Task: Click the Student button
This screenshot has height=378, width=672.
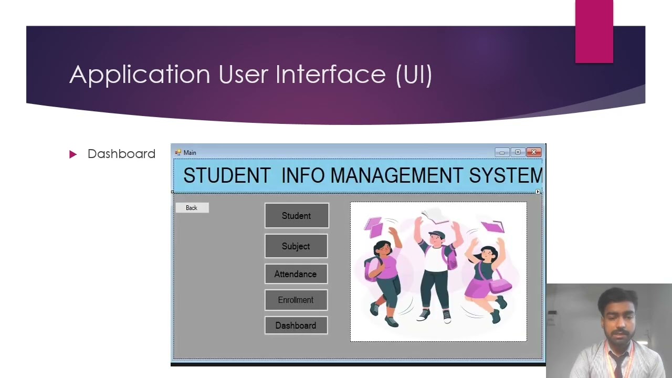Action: point(297,216)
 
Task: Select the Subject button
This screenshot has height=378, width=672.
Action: point(296,246)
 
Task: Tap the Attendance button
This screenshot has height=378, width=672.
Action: point(296,274)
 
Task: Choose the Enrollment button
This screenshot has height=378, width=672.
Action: point(296,300)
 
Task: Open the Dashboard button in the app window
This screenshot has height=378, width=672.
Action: point(296,325)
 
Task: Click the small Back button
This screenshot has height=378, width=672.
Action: point(192,208)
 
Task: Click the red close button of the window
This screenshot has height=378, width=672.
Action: point(533,152)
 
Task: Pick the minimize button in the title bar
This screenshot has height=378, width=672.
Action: point(502,152)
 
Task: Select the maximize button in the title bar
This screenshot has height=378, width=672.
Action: point(518,152)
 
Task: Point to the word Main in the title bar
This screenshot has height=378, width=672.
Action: point(190,153)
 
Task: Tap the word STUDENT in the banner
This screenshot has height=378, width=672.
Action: point(227,175)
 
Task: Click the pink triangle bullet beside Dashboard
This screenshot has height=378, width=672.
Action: point(73,154)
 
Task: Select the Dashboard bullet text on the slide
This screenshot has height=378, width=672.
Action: point(121,154)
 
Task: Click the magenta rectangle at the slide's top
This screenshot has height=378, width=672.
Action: point(594,31)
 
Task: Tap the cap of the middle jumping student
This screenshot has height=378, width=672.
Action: point(436,234)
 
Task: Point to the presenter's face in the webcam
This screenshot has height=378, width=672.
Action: point(618,319)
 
